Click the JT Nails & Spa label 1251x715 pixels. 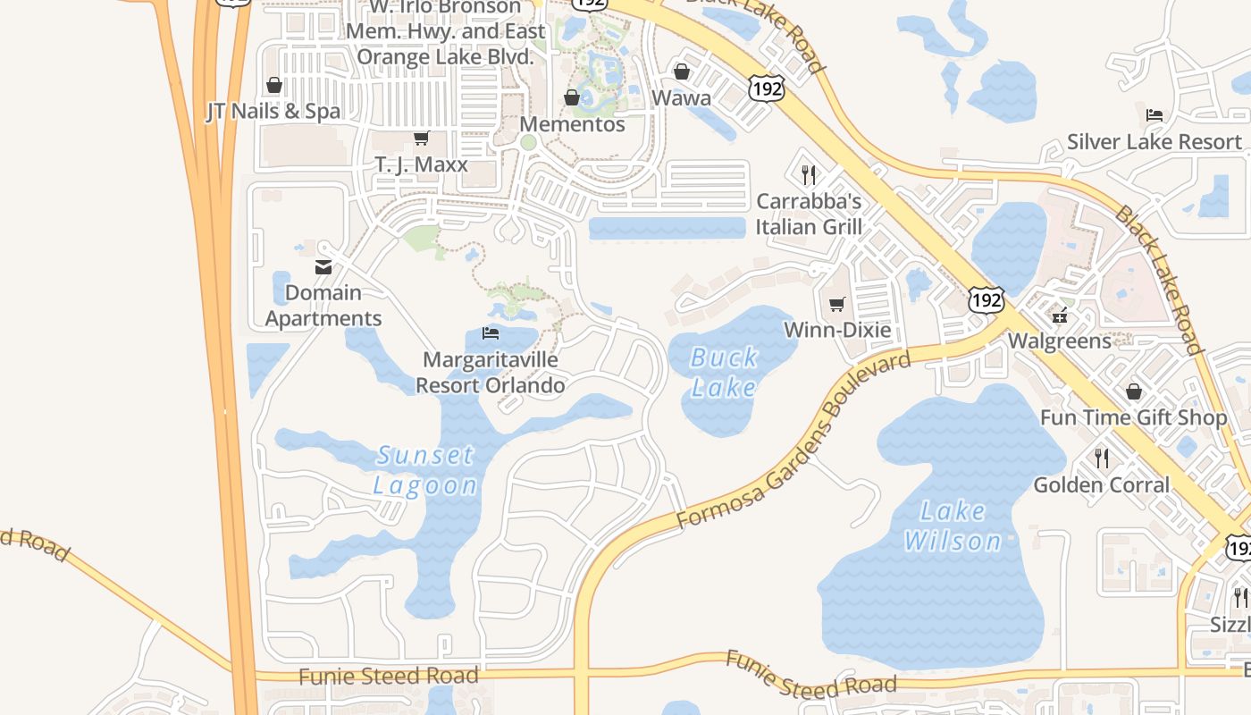point(273,112)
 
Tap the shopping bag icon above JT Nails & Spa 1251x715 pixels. point(274,85)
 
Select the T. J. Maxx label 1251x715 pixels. point(421,164)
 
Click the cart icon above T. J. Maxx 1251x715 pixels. point(421,139)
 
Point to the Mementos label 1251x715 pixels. point(572,124)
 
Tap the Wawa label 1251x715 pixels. point(682,97)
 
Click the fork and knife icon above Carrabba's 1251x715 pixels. point(809,174)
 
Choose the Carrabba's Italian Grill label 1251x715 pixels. point(809,214)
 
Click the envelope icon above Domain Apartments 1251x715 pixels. point(323,266)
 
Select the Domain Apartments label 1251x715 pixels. point(323,306)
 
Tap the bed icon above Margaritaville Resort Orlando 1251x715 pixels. point(490,333)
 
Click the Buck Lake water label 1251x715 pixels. point(724,373)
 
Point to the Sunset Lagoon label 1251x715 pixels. point(424,470)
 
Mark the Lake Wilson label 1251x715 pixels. point(953,526)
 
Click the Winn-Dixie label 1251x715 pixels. point(837,330)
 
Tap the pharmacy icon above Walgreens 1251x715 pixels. point(1060,315)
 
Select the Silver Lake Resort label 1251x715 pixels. point(1154,142)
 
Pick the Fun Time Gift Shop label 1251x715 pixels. point(1133,417)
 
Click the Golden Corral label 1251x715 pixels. point(1101,484)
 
